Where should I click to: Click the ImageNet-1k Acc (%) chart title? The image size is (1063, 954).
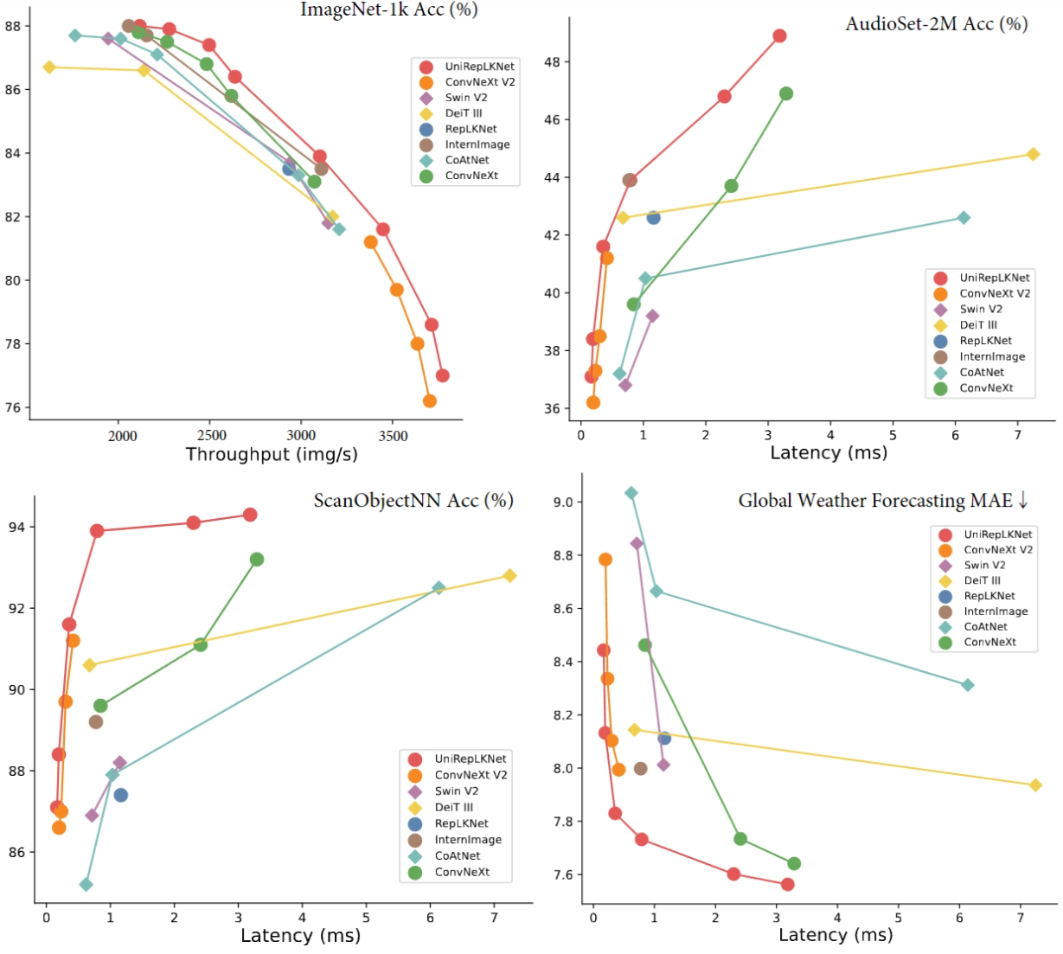388,10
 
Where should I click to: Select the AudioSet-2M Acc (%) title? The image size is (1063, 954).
936,24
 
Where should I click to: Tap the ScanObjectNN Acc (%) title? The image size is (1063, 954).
413,501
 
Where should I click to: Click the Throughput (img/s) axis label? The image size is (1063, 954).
271,455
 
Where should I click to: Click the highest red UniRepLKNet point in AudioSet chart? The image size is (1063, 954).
779,36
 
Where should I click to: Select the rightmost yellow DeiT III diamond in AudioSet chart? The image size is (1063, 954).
1033,154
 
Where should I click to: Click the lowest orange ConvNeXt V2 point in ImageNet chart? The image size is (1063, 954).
429,400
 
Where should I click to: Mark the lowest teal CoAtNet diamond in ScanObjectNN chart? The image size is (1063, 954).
86,885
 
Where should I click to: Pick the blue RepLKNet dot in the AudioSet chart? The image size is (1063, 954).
653,218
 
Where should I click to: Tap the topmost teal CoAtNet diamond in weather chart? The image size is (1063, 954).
631,493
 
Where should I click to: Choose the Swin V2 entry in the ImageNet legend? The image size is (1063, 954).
466,98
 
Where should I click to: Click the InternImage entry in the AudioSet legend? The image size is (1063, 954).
992,356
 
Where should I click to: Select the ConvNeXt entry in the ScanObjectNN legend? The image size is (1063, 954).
462,872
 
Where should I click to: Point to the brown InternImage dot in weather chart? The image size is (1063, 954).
640,768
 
